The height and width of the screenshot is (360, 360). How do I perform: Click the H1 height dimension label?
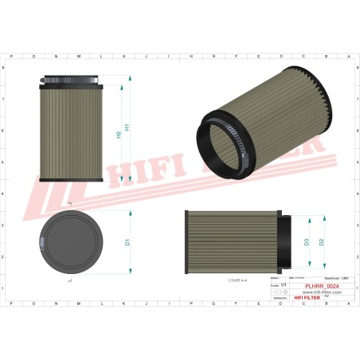click(127, 128)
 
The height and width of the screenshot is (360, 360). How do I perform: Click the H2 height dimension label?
click(118, 135)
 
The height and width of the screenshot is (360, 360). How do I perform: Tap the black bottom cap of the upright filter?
click(70, 180)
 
